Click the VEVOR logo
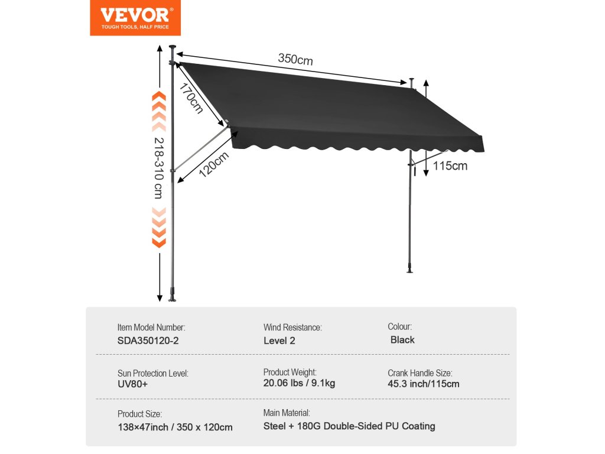(x=135, y=17)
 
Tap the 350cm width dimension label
(x=295, y=59)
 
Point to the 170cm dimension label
(x=192, y=99)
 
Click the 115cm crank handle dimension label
(x=450, y=166)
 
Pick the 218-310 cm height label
(x=158, y=168)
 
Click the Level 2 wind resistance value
(x=279, y=340)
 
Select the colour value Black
(x=402, y=340)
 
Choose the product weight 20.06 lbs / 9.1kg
(x=299, y=383)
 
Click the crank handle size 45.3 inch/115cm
(x=423, y=384)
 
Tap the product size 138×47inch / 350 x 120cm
(x=175, y=427)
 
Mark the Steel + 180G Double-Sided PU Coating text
(x=349, y=426)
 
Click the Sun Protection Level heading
(x=152, y=373)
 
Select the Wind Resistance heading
(x=292, y=327)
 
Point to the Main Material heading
(x=286, y=413)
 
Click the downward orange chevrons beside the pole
(x=158, y=227)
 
